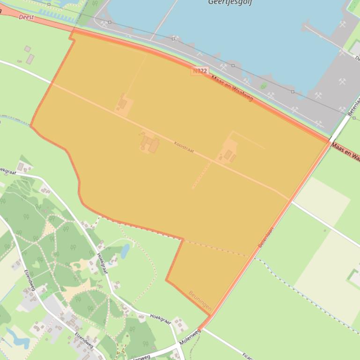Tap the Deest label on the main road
(x=26, y=17)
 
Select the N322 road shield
(x=199, y=71)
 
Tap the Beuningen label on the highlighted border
(x=200, y=301)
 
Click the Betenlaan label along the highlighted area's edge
(x=266, y=237)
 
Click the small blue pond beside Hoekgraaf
(x=125, y=251)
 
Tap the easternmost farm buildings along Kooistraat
(x=229, y=154)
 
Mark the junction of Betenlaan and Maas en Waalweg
(x=331, y=141)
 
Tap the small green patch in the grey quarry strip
(x=264, y=86)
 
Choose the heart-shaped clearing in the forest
(x=36, y=264)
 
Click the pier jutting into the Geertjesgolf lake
(x=318, y=32)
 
